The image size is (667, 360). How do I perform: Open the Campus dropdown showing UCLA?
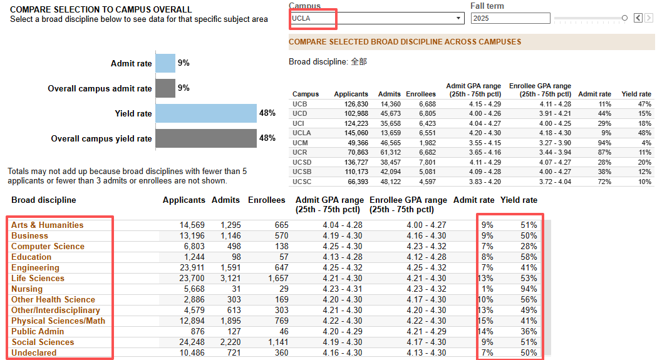377,18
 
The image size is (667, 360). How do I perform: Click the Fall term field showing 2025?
510,18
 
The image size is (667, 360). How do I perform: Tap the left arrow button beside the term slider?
638,18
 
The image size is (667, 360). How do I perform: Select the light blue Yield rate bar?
206,113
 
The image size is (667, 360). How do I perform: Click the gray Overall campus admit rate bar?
165,88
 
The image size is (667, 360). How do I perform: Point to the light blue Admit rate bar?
165,63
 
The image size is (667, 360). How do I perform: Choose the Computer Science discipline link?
48,247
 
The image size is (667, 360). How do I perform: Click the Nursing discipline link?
27,289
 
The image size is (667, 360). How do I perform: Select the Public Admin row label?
38,332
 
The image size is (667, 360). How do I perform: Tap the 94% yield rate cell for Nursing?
529,289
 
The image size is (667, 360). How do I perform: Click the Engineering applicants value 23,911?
192,268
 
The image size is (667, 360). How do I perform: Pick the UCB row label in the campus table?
299,104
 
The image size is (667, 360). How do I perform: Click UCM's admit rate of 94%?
604,143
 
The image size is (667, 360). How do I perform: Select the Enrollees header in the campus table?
421,94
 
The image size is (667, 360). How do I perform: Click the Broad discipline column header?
43,200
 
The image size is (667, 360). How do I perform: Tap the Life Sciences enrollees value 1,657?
278,279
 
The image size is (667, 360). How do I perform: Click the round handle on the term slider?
624,18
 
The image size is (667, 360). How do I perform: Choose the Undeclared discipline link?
34,352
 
